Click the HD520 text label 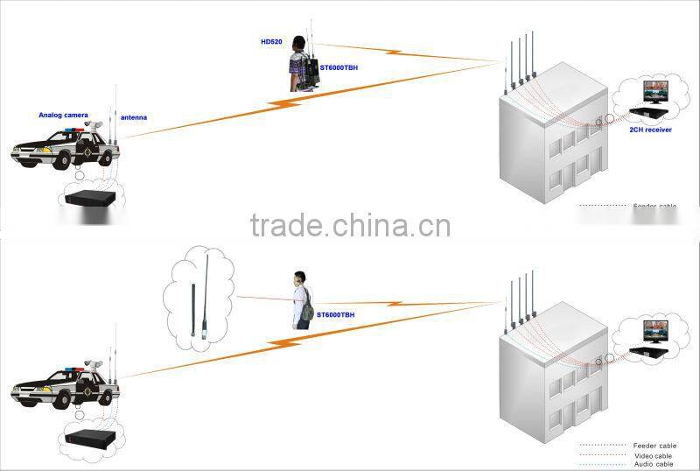[x=271, y=42]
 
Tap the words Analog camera [x=63, y=115]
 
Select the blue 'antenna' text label [x=134, y=117]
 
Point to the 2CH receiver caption [x=650, y=129]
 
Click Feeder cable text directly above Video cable [x=654, y=446]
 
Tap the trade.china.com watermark [x=350, y=225]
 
